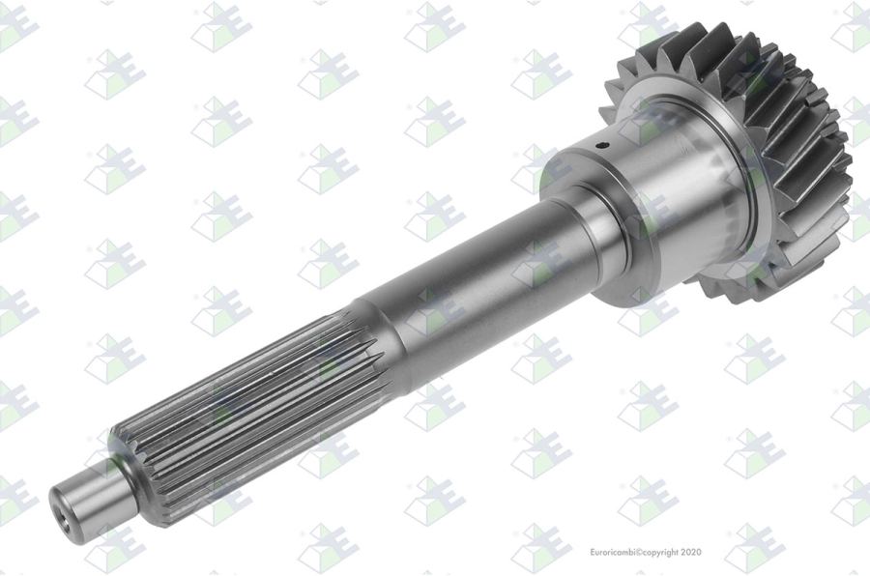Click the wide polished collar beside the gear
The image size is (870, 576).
tap(666, 188)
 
